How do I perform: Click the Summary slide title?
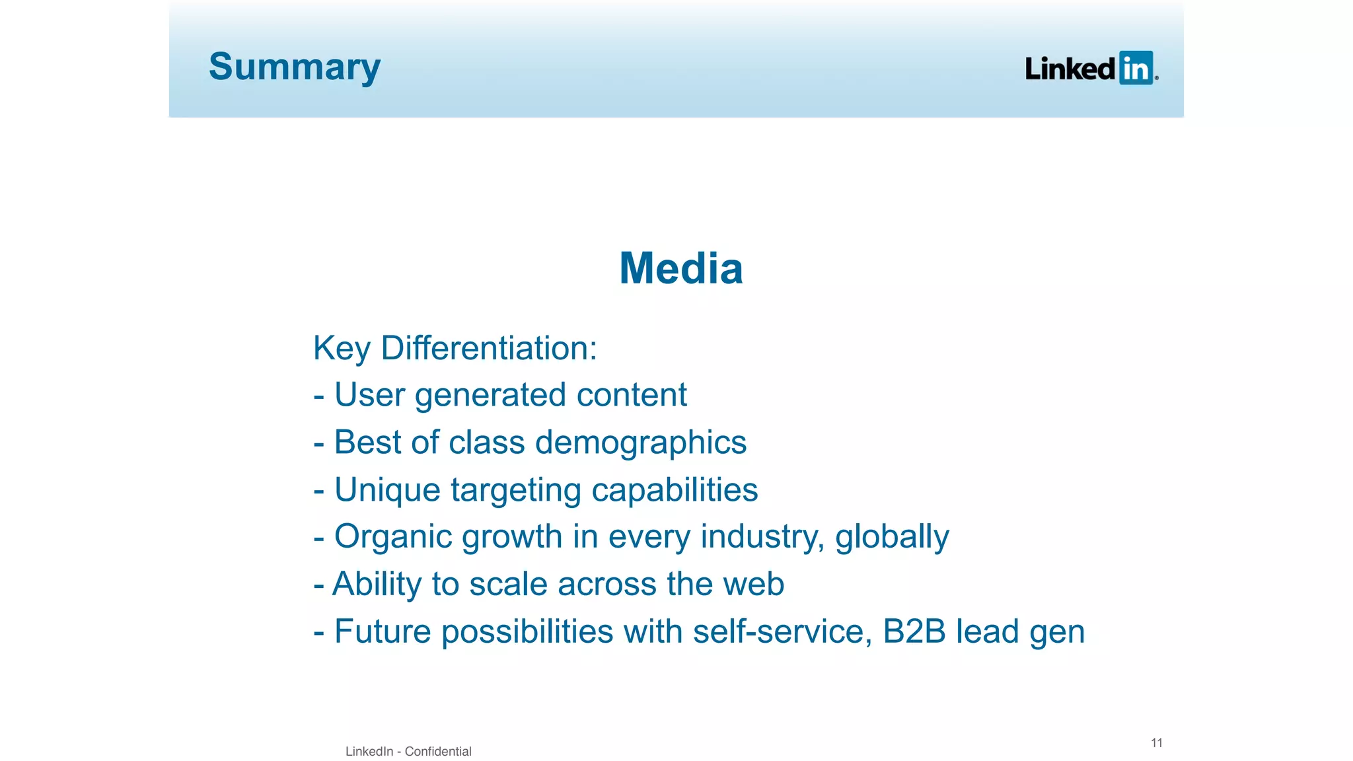pyautogui.click(x=295, y=67)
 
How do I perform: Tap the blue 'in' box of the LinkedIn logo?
pyautogui.click(x=1136, y=68)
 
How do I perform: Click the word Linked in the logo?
pyautogui.click(x=1070, y=69)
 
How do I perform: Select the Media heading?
pyautogui.click(x=681, y=269)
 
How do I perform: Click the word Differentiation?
pyautogui.click(x=489, y=348)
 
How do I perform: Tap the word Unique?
pyautogui.click(x=387, y=490)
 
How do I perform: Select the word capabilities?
pyautogui.click(x=675, y=490)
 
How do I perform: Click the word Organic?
pyautogui.click(x=392, y=537)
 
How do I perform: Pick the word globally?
pyautogui.click(x=892, y=537)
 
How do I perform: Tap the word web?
pyautogui.click(x=753, y=585)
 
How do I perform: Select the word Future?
pyautogui.click(x=383, y=632)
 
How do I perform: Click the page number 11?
pyautogui.click(x=1156, y=743)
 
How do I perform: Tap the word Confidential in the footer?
pyautogui.click(x=438, y=751)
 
